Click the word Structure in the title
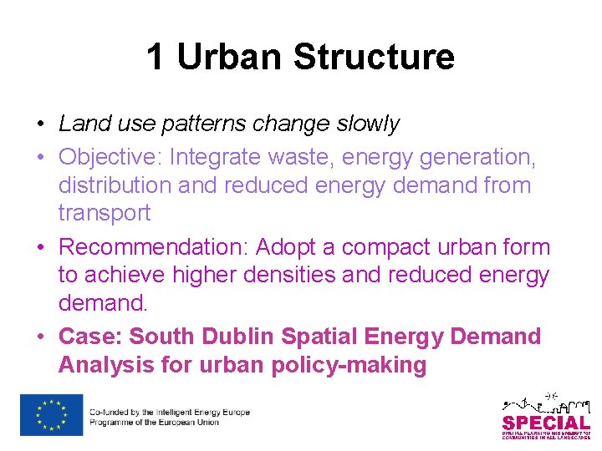[374, 57]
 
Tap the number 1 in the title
[156, 57]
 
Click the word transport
[105, 212]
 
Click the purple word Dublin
[237, 337]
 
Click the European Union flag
[52, 415]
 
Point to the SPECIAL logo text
[545, 423]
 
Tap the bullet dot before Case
[40, 337]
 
